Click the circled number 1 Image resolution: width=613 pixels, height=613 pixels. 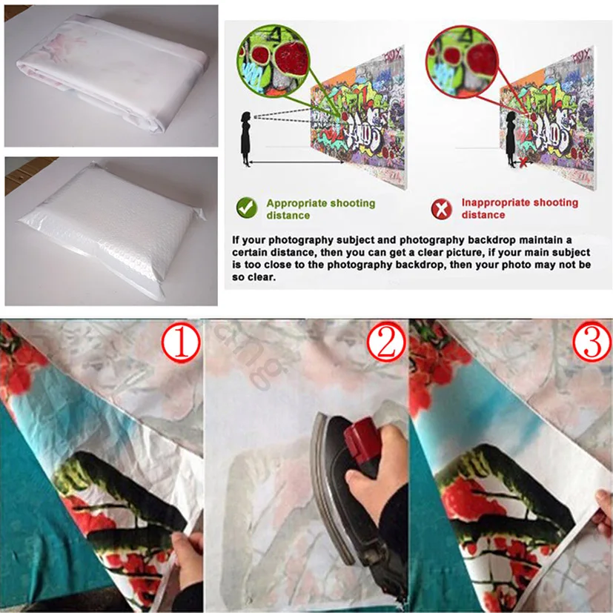(181, 344)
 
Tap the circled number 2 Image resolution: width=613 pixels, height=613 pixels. (385, 344)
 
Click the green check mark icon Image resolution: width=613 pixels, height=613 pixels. (247, 208)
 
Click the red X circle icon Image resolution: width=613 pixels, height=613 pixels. (442, 209)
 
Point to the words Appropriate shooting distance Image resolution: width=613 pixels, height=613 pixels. (320, 208)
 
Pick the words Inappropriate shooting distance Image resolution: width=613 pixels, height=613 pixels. (519, 208)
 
